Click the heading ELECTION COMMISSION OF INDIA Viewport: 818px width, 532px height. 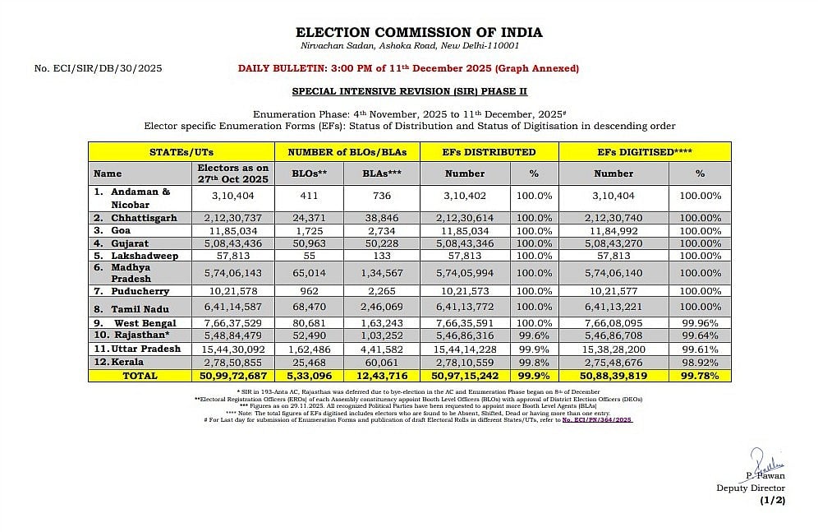click(419, 33)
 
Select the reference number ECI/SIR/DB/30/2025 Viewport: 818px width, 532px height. click(99, 68)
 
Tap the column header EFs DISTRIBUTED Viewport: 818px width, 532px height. click(489, 152)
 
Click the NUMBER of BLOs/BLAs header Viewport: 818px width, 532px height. click(347, 152)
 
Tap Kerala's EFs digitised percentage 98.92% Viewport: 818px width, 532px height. click(700, 362)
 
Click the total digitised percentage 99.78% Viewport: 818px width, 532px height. click(700, 375)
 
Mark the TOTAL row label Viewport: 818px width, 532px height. click(140, 375)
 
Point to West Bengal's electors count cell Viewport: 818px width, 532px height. click(234, 323)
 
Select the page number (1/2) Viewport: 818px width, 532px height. click(773, 499)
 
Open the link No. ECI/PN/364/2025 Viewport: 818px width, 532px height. click(597, 420)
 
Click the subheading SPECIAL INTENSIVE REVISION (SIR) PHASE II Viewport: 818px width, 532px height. click(410, 92)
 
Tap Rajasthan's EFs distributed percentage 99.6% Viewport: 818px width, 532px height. click(534, 336)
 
